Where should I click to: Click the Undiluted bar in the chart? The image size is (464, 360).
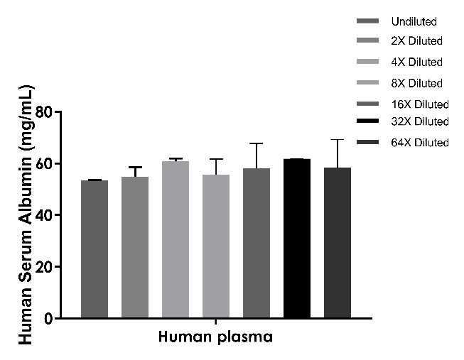tap(95, 249)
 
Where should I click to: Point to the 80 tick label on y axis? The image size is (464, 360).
tap(45, 112)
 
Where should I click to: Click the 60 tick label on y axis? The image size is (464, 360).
tap(45, 164)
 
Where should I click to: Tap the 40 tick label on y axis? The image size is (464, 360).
tap(45, 215)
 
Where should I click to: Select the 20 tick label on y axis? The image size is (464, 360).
tap(45, 267)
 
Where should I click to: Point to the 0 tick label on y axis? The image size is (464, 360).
tap(49, 319)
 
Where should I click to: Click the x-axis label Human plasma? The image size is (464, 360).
tap(215, 337)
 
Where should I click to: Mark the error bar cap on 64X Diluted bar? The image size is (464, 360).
tap(338, 140)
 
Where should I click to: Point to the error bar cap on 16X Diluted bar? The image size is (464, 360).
tap(257, 143)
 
